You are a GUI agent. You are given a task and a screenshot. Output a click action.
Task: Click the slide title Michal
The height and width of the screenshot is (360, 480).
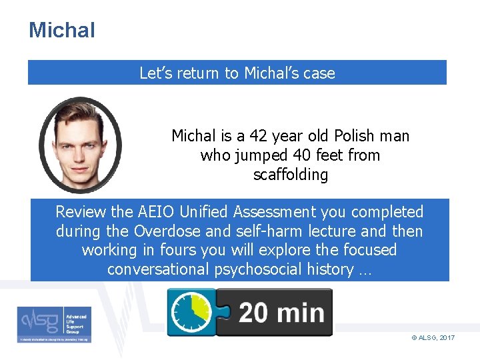coord(62,30)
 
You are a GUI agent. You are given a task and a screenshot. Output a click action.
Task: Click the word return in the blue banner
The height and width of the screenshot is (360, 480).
coord(201,73)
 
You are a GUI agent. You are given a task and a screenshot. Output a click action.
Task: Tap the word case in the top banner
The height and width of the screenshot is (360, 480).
coord(319,73)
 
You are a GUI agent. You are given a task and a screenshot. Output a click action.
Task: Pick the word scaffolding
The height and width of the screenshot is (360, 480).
coord(290,175)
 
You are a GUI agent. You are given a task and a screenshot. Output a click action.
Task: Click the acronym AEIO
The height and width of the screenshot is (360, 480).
coord(159,212)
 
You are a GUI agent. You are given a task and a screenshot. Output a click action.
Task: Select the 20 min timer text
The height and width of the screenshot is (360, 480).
coord(281,313)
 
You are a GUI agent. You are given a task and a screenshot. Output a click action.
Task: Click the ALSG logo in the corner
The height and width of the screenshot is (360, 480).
coord(55,324)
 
